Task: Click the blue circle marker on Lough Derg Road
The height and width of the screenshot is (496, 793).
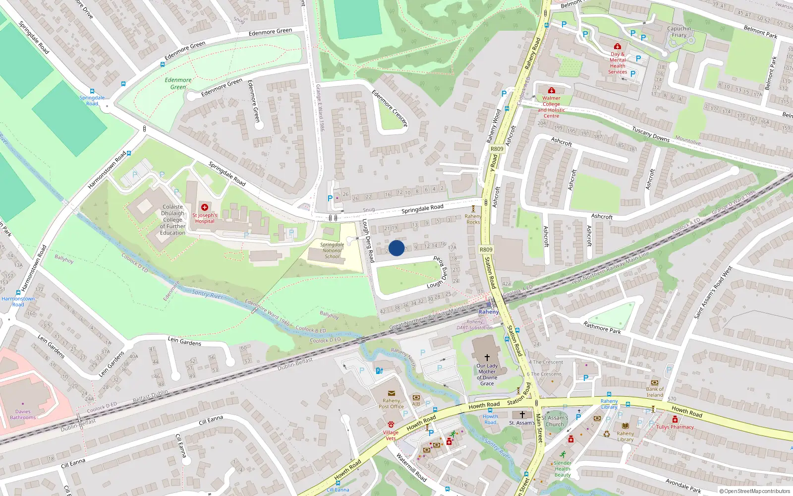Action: (396, 248)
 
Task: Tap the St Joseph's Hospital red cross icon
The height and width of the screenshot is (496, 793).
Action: (204, 207)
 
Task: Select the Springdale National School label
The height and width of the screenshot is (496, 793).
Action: (332, 250)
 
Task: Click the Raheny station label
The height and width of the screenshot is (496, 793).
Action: (488, 312)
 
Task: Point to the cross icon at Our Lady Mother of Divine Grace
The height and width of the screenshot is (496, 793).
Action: (487, 358)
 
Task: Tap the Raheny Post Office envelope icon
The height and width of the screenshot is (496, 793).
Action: (391, 393)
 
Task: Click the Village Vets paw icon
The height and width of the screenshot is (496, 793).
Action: (391, 425)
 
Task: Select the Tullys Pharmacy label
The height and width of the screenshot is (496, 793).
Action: (675, 427)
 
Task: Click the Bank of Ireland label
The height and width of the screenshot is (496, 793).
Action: (654, 392)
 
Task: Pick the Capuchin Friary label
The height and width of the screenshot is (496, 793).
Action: (679, 32)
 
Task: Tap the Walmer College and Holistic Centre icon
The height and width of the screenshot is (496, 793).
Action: (551, 90)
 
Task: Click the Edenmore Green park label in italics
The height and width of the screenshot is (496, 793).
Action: (178, 83)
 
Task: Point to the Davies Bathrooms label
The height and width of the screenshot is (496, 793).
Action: (23, 415)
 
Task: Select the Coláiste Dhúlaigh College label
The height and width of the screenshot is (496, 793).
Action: (172, 220)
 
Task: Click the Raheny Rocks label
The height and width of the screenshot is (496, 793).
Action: (473, 219)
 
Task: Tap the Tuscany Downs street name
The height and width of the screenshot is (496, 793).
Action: (650, 134)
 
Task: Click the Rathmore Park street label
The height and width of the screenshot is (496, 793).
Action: (602, 327)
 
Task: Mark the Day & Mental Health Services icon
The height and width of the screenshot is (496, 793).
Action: (617, 47)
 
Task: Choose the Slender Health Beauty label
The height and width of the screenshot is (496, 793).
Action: (563, 469)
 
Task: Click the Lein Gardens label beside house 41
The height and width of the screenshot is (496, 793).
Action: (184, 341)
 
